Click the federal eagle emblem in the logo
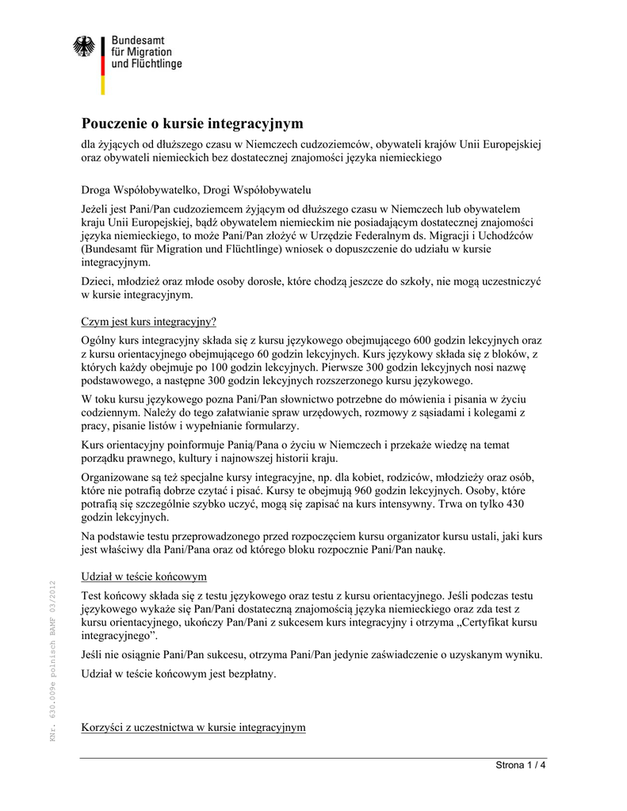[x=83, y=47]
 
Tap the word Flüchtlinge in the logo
[x=156, y=63]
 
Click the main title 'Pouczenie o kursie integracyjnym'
[x=193, y=124]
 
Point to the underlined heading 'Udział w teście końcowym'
[x=144, y=576]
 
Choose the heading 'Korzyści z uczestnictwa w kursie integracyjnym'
[x=193, y=727]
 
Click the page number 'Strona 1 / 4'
[x=521, y=765]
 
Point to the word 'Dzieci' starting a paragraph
[x=97, y=281]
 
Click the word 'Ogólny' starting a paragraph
[x=99, y=340]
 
